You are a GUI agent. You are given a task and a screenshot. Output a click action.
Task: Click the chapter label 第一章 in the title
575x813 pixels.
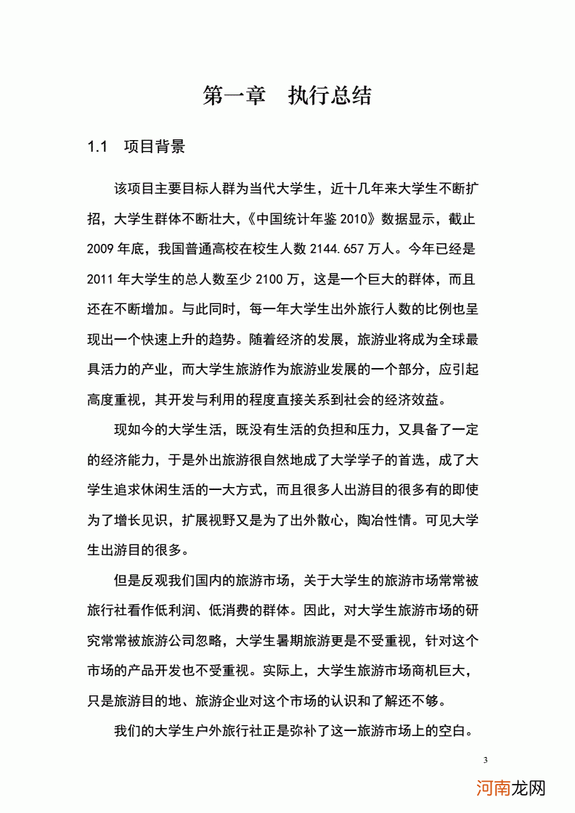click(x=235, y=97)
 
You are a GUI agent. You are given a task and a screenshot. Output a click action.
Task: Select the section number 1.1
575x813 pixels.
click(x=97, y=147)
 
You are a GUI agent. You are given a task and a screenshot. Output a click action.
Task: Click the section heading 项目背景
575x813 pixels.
click(x=155, y=147)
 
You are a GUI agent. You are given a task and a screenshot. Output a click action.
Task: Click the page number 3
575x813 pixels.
click(x=485, y=760)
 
